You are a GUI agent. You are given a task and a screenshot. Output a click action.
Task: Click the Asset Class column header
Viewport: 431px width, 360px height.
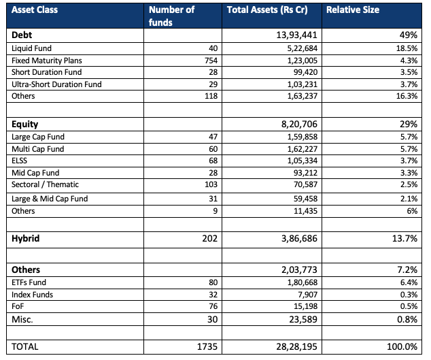point(35,10)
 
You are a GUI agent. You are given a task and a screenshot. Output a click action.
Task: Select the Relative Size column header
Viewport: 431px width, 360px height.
point(353,10)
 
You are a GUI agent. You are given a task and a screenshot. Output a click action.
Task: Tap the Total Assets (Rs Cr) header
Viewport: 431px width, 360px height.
point(267,10)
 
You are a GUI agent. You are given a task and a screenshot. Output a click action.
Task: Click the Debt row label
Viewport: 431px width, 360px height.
point(22,35)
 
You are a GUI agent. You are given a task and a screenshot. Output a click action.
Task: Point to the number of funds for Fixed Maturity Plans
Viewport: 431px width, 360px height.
point(211,61)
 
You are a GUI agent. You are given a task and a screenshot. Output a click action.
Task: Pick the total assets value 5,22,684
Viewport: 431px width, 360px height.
point(303,48)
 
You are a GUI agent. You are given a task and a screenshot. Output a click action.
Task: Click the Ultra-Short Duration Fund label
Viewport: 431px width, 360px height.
point(56,84)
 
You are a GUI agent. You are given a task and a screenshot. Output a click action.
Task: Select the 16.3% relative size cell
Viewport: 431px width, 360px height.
point(407,96)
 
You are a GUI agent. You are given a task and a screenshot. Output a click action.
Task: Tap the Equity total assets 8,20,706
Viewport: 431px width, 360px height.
point(299,124)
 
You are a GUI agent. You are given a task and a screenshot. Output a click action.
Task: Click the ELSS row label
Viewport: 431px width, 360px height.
point(19,161)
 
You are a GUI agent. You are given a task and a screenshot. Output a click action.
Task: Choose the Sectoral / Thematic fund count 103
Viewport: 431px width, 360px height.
point(211,184)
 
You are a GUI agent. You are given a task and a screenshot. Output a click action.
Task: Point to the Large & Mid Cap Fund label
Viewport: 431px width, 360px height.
point(50,199)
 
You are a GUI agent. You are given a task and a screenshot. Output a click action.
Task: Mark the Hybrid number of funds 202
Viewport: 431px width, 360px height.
point(210,238)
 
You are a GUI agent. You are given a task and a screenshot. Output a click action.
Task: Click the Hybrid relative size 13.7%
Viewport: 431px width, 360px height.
point(404,238)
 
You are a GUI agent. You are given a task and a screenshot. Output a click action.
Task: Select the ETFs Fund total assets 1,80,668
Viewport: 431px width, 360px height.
point(303,282)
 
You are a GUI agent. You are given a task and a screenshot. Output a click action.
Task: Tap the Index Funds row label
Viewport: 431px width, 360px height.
point(32,295)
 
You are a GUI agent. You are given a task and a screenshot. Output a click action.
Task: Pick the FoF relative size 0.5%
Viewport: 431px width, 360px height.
point(409,306)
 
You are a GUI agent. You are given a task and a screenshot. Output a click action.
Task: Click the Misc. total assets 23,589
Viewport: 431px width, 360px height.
point(303,319)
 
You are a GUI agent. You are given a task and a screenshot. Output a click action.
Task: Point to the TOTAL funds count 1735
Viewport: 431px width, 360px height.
point(207,346)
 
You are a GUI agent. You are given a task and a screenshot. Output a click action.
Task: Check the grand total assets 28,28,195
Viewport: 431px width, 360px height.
point(296,346)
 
